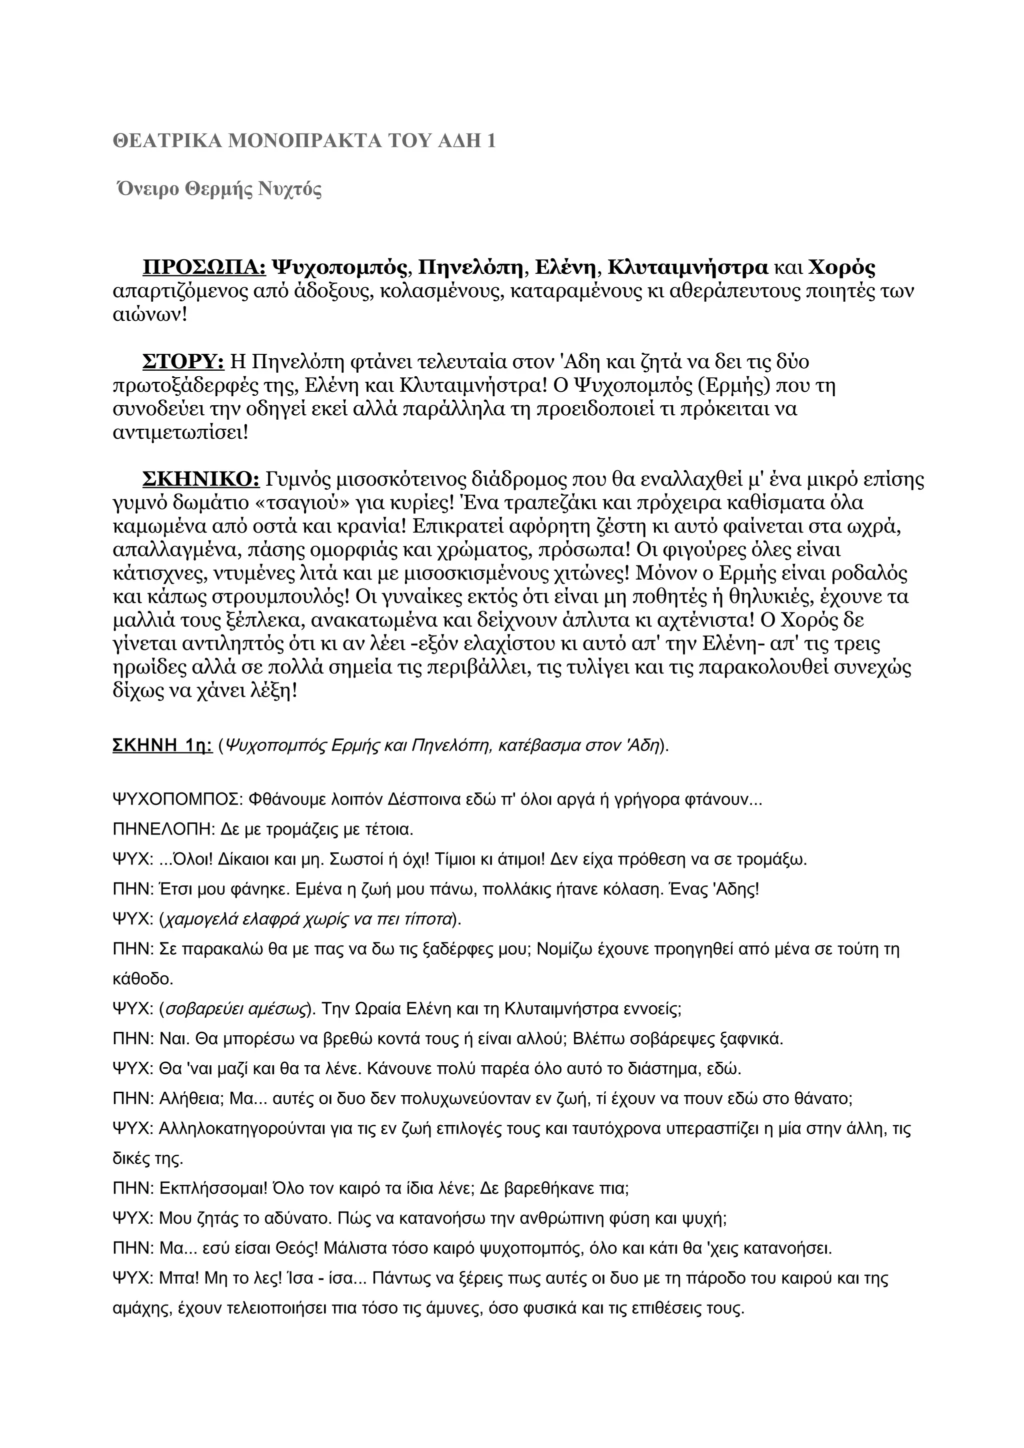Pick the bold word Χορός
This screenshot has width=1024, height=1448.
click(841, 268)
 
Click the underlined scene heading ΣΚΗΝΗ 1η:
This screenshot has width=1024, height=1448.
click(162, 745)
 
